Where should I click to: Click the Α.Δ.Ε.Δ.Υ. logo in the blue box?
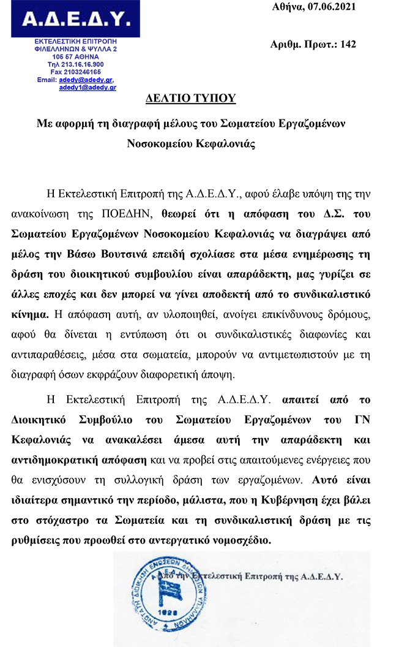[x=75, y=20]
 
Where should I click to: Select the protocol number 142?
[x=348, y=44]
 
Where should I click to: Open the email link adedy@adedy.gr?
[x=86, y=80]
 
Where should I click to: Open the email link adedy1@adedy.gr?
[x=88, y=88]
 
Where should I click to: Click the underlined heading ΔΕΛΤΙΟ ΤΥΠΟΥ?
[x=191, y=99]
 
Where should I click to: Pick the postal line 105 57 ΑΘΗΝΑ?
[x=75, y=56]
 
